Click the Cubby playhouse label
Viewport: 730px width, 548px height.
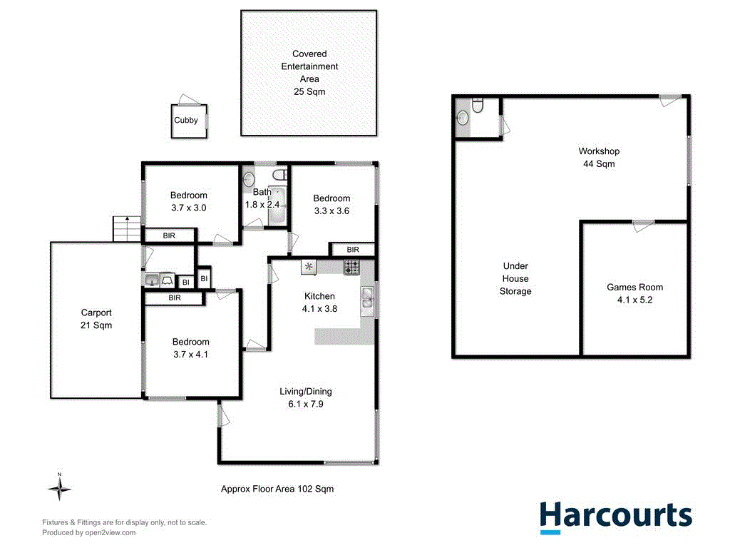[x=186, y=121]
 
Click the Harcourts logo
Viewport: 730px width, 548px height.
[x=615, y=516]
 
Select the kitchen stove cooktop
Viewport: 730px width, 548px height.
[x=351, y=267]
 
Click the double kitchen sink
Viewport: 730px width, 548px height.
[x=367, y=300]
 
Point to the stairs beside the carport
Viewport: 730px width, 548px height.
[x=125, y=228]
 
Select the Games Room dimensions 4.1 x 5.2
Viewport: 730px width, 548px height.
[x=634, y=300]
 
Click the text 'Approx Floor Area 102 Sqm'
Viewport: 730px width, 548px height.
[x=277, y=489]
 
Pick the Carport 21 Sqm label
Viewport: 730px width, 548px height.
[x=96, y=319]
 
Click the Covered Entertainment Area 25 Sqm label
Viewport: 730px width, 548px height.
[x=309, y=73]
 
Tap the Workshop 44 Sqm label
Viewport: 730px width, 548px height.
[x=599, y=157]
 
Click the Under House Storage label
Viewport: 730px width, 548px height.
[x=515, y=278]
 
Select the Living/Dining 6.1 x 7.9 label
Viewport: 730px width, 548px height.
[x=305, y=397]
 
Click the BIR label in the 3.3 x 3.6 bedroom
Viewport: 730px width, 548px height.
[x=353, y=250]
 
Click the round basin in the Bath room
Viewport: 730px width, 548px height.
[x=249, y=178]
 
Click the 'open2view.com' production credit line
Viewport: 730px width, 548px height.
[x=89, y=532]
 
